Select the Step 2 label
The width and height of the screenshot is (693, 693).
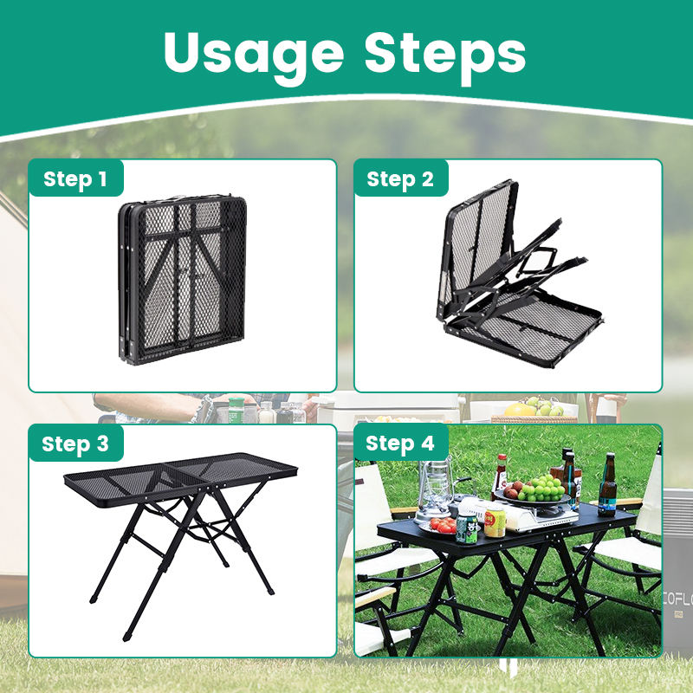click(400, 179)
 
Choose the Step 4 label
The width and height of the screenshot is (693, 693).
click(400, 444)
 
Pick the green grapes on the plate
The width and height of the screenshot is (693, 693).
click(542, 487)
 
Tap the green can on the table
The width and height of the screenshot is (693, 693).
click(468, 528)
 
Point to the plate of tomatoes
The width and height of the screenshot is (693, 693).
click(443, 526)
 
